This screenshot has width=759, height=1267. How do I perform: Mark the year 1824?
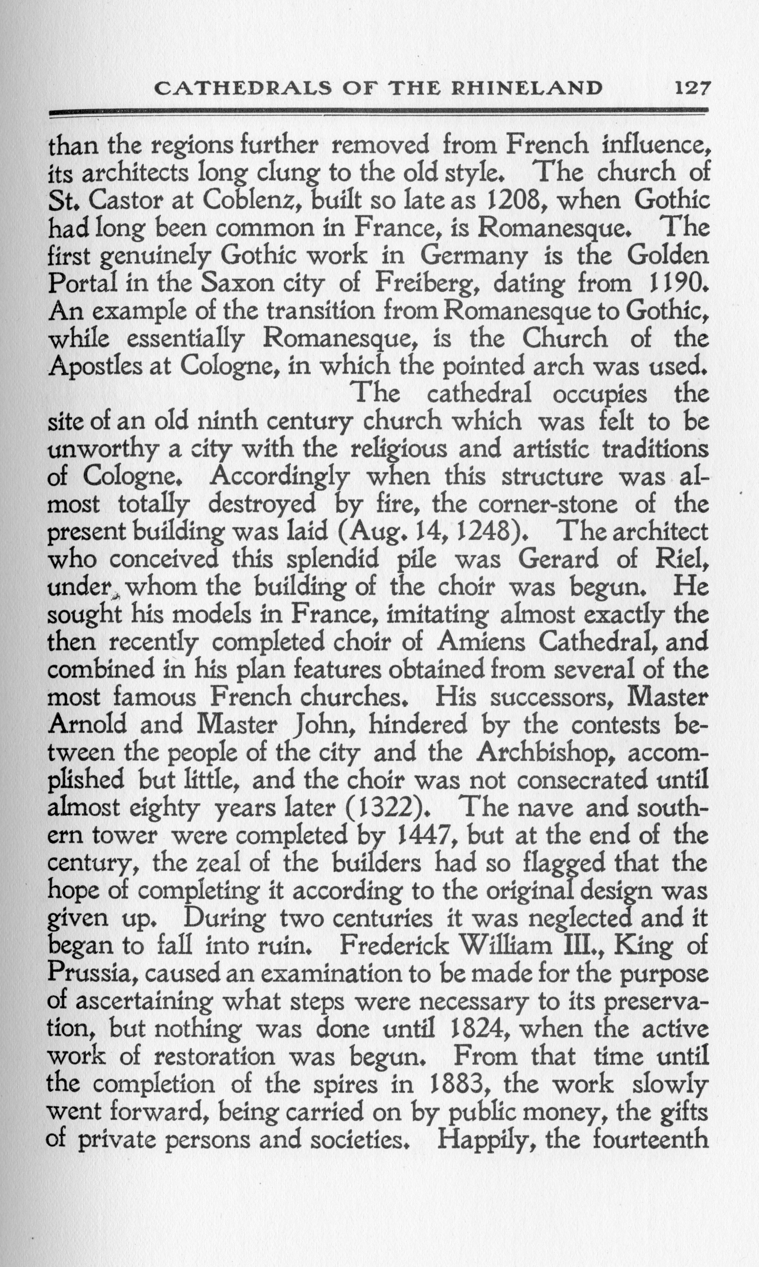click(x=458, y=1029)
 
